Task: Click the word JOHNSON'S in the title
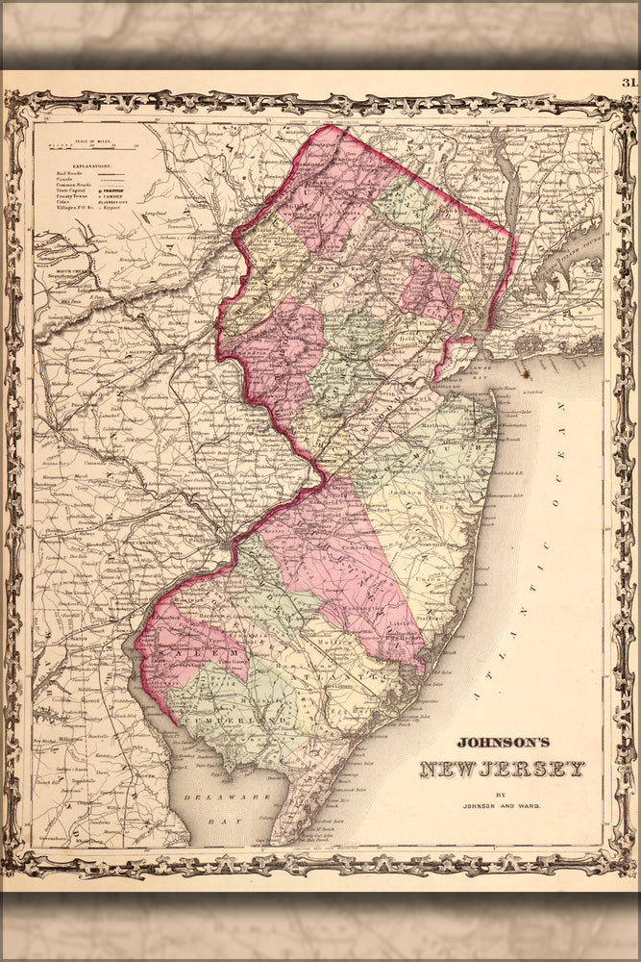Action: point(502,743)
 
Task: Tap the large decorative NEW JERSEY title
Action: point(502,769)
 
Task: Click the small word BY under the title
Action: point(500,794)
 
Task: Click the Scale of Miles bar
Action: point(92,147)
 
